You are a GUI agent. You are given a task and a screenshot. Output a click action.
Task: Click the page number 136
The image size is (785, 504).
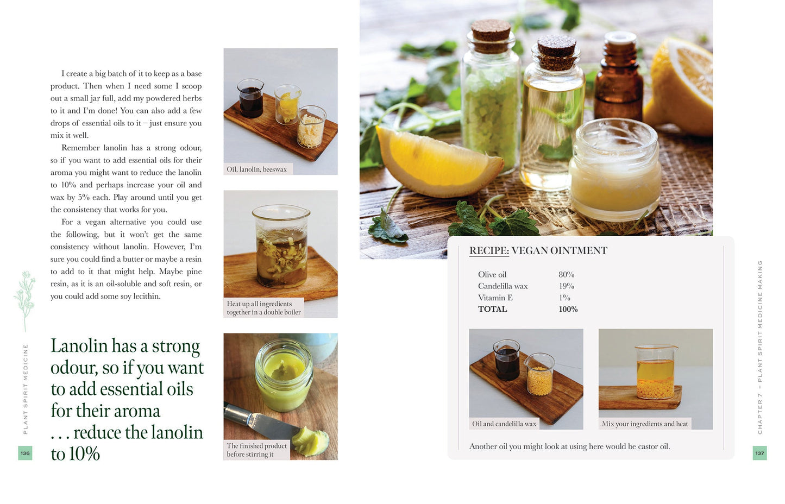(x=25, y=453)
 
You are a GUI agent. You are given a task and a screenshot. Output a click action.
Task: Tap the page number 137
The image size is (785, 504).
(x=759, y=453)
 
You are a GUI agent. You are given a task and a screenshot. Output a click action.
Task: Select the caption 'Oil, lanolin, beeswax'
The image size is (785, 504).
(x=256, y=169)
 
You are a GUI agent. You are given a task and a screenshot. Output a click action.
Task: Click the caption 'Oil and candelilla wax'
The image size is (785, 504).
(x=504, y=424)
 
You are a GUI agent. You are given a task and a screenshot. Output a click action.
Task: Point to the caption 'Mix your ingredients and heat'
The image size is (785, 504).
(x=644, y=424)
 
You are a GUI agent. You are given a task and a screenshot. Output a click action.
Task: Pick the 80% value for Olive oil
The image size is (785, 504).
(x=566, y=275)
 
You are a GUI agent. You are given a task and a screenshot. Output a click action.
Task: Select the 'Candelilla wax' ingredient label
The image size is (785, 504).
(x=503, y=286)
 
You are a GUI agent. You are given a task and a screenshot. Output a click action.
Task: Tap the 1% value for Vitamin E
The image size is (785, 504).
(x=564, y=298)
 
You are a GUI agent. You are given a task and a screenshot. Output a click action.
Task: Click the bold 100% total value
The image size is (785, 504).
(x=568, y=309)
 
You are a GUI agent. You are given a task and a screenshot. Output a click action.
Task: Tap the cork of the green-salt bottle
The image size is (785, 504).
(x=491, y=35)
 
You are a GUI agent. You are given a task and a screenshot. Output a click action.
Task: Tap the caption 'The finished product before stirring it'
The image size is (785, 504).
(x=256, y=450)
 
